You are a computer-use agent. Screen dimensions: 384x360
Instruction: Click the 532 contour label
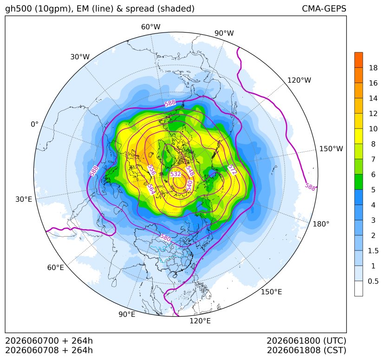(176, 174)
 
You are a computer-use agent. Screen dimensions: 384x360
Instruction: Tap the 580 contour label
(165, 238)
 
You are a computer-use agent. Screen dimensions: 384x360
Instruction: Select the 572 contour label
(232, 170)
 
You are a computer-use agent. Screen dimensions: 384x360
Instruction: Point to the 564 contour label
(151, 189)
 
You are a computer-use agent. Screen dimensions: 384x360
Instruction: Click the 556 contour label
(151, 170)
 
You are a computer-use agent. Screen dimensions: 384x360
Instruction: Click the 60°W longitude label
(150, 27)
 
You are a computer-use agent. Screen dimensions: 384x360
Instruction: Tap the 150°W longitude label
(331, 148)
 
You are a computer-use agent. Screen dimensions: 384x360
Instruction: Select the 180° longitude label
(321, 224)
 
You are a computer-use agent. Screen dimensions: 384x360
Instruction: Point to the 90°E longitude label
(127, 314)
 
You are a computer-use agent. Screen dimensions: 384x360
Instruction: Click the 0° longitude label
(34, 124)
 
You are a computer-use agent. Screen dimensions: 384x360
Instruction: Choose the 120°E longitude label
(200, 321)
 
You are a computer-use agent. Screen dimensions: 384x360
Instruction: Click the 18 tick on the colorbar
(373, 68)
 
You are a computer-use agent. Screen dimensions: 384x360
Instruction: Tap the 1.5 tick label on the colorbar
(373, 251)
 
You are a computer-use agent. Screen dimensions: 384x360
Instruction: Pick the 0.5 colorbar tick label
(373, 281)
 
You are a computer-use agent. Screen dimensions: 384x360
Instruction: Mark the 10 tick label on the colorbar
(373, 129)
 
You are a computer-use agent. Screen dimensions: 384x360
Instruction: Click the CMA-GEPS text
(324, 8)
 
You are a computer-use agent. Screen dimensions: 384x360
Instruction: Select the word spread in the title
(140, 9)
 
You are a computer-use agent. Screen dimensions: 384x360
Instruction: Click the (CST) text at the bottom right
(335, 350)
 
